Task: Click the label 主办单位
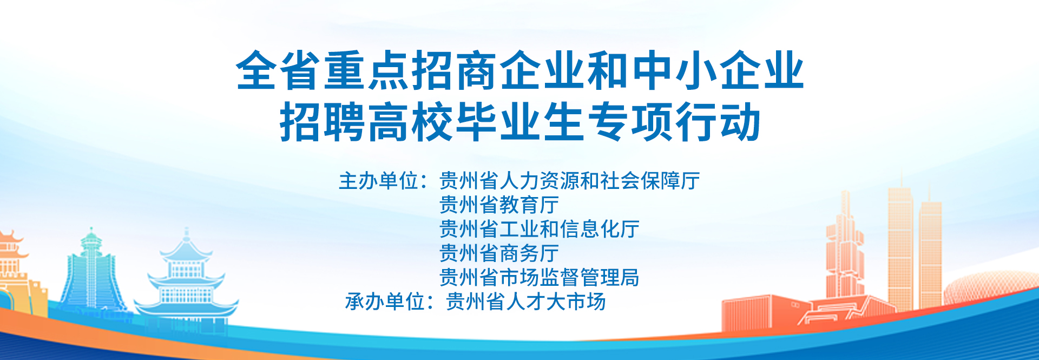click(379, 181)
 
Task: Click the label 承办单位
click(385, 302)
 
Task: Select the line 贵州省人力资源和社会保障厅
click(570, 181)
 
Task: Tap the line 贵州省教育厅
click(499, 205)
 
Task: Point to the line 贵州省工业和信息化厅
click(540, 229)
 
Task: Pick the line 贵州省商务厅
click(499, 253)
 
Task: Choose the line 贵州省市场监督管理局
click(540, 277)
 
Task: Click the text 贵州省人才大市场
click(525, 302)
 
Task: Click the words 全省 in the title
click(279, 70)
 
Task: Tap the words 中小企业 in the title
click(718, 70)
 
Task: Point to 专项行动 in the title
click(674, 122)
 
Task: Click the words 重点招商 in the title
click(411, 70)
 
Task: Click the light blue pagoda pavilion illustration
click(186, 282)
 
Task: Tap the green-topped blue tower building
click(91, 273)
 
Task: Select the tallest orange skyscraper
click(900, 244)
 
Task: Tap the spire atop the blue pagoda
click(187, 234)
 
